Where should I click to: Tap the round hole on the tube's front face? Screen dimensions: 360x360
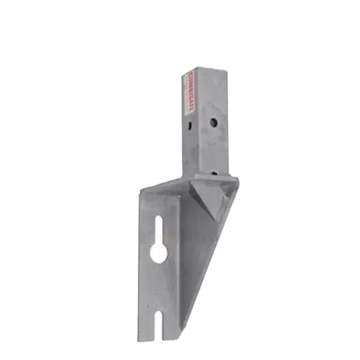213,122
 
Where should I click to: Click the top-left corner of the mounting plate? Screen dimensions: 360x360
140,191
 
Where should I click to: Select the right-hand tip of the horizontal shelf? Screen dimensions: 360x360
238,180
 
